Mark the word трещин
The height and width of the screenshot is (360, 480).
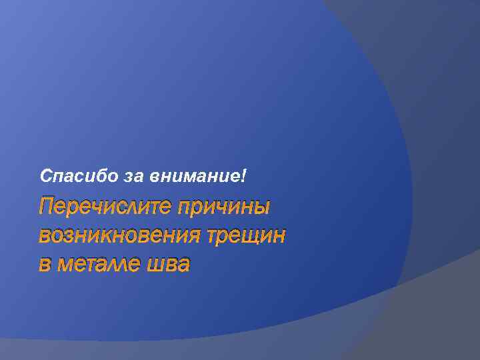pos(246,236)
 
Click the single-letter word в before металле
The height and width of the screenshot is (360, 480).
pos(45,265)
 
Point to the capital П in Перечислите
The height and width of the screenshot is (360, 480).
pos(47,207)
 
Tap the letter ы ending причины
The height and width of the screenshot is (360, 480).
pos(261,207)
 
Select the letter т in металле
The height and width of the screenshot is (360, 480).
pos(88,265)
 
